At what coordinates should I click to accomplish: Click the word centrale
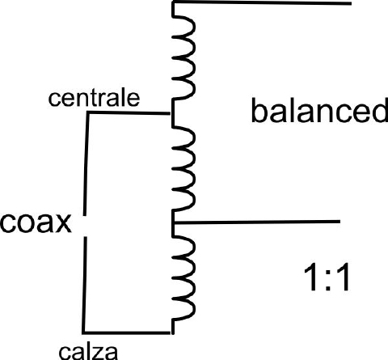(x=94, y=98)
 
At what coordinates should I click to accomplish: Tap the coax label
(x=36, y=222)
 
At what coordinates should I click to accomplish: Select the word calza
(x=88, y=352)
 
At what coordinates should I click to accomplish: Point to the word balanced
(x=319, y=110)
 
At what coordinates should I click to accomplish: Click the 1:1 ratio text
(x=327, y=277)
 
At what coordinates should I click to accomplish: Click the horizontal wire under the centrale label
(x=129, y=113)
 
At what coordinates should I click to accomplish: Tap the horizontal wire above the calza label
(x=127, y=332)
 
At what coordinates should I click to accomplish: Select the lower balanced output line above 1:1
(x=257, y=222)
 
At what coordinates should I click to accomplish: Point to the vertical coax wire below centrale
(x=86, y=164)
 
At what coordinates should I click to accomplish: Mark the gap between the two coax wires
(x=85, y=227)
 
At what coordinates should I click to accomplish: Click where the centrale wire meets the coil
(x=172, y=114)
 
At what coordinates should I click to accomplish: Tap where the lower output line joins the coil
(x=174, y=222)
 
